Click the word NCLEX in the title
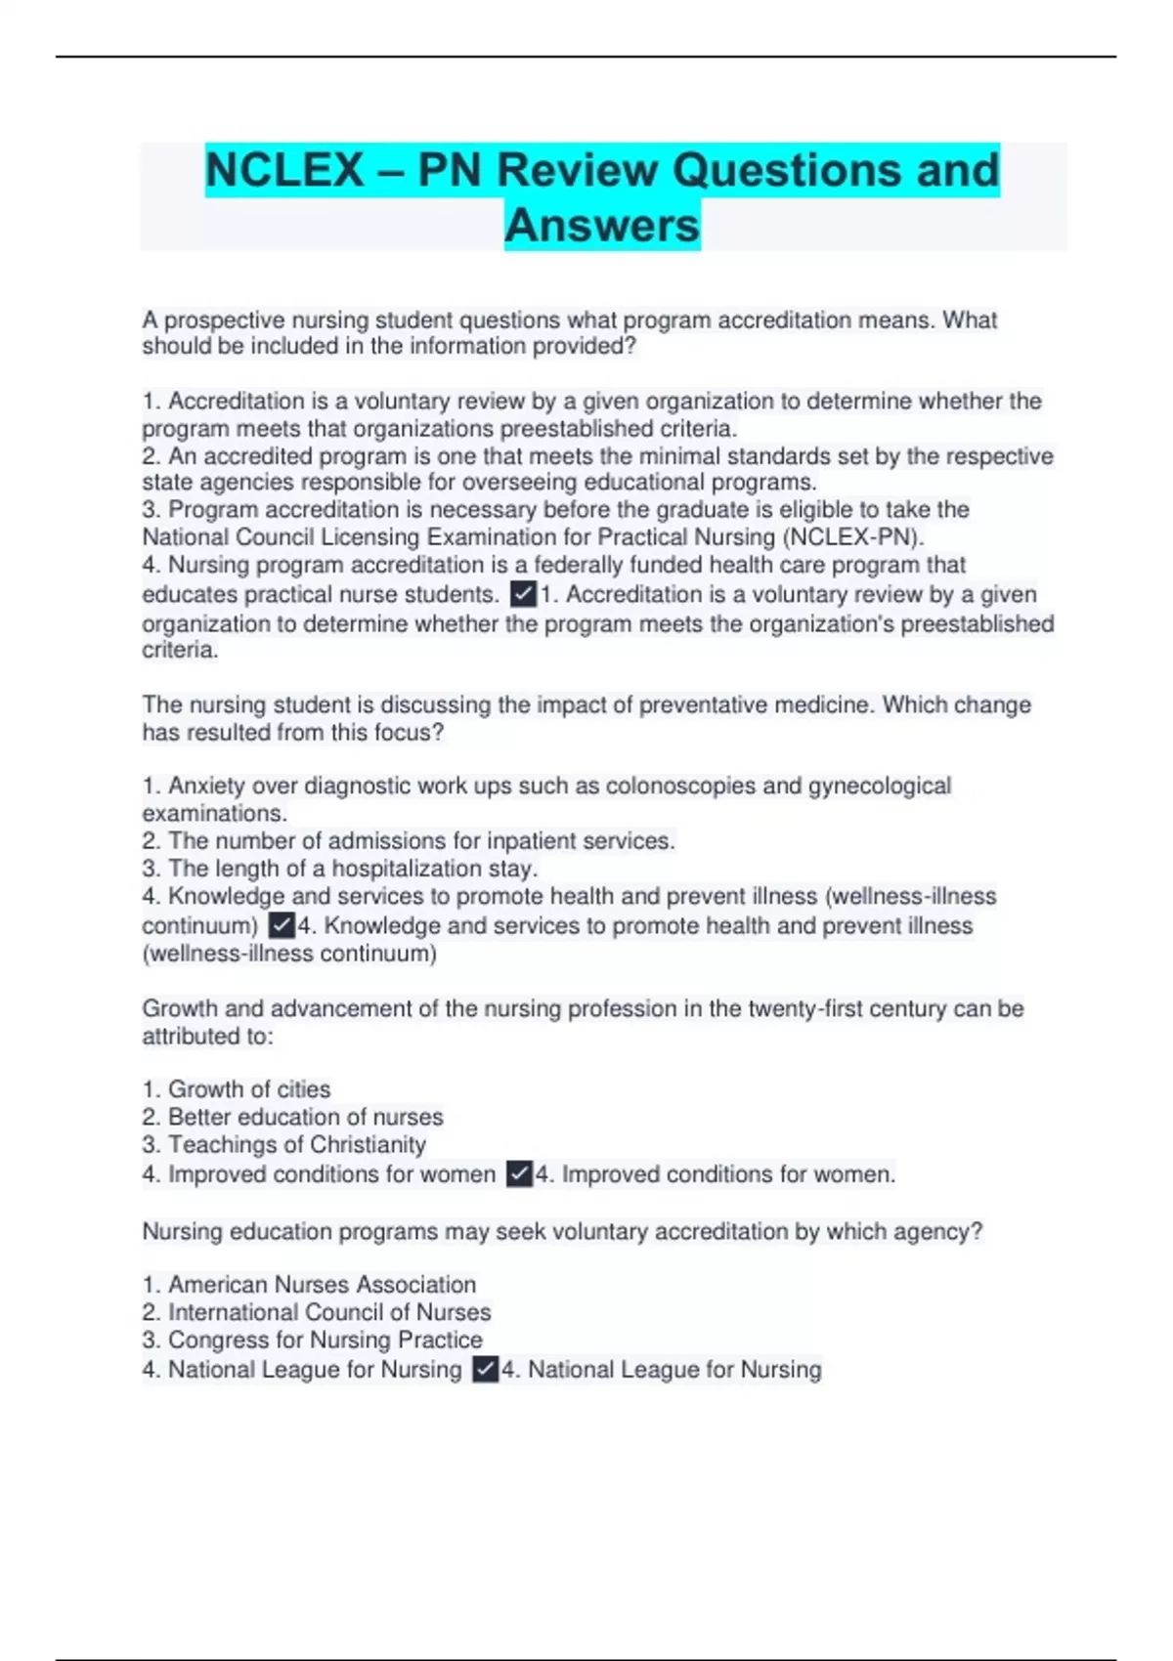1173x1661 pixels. [284, 170]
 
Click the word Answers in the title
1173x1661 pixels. [602, 226]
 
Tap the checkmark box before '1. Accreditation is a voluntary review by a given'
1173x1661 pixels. [523, 594]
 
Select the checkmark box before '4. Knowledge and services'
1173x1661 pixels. [282, 925]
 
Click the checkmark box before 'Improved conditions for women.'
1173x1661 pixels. [519, 1173]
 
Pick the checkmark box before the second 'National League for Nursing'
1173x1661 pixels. [486, 1370]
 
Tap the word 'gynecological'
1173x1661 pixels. [879, 787]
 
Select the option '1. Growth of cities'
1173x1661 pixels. [237, 1089]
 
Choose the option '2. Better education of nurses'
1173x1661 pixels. [292, 1117]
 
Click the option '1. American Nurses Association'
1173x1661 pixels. [309, 1285]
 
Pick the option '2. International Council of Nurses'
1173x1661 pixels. [317, 1312]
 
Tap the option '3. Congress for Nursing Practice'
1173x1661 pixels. [312, 1340]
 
